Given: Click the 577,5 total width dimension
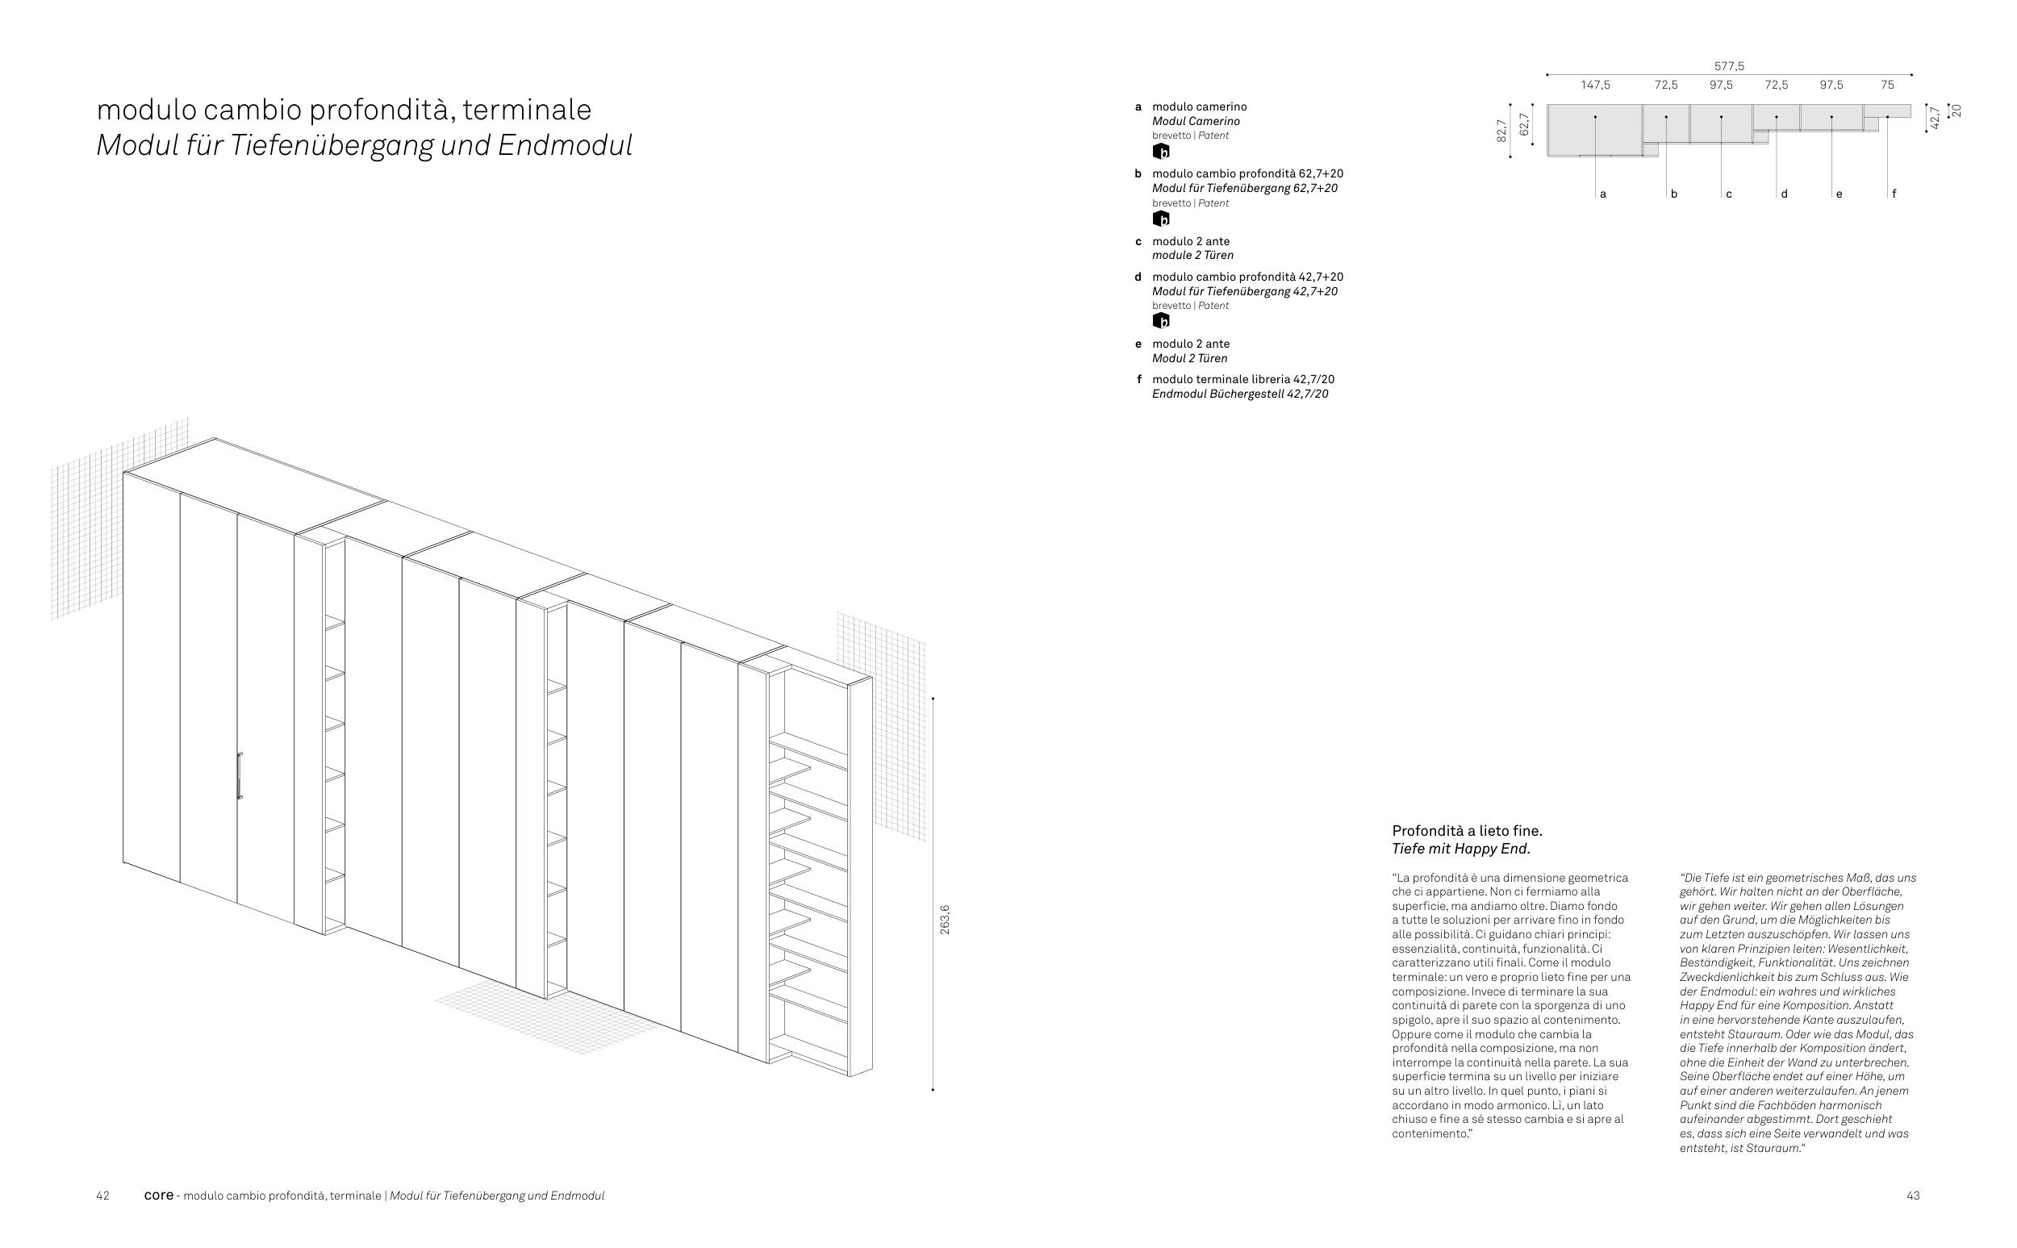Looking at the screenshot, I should coord(1729,66).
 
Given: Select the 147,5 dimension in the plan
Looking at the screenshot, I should coord(1595,85).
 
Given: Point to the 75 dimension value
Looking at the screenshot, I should coord(1887,85).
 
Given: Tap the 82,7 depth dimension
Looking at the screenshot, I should coord(1501,131).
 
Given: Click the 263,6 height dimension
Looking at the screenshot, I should coord(945,920).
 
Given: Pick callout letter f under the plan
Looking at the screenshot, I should coord(1894,194).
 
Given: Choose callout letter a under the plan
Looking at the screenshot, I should coord(1602,194).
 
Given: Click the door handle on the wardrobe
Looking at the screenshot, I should coord(240,776).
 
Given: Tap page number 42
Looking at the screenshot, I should coord(103,1196).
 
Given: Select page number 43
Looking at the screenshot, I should coord(1913,1196).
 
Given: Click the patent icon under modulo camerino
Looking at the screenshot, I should coord(1161,152).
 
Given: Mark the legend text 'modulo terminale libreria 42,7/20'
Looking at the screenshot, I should coord(1243,380).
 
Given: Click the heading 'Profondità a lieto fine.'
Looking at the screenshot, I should coord(1467,830).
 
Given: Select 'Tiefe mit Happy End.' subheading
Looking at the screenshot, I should coord(1461,849).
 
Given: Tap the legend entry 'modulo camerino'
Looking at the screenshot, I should coord(1199,106).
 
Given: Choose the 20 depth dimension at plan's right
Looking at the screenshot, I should coord(1956,111).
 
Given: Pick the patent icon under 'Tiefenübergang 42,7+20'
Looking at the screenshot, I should coord(1161,321).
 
